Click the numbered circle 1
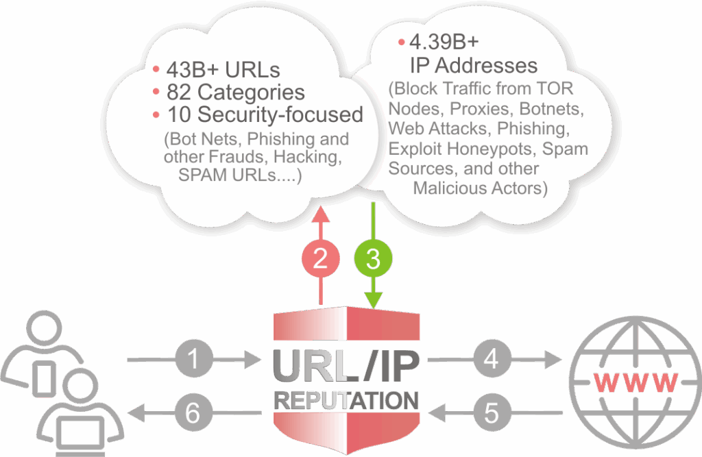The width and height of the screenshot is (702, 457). tap(193, 359)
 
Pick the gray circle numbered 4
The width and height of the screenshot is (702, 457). tap(492, 359)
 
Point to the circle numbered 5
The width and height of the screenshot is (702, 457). tap(492, 412)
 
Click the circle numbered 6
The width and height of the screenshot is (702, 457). tap(193, 412)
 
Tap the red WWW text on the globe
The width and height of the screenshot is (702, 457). tap(636, 383)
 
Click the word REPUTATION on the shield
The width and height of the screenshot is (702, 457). tap(346, 401)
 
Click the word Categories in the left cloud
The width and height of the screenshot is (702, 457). tap(251, 92)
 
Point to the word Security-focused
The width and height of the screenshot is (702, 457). tap(280, 114)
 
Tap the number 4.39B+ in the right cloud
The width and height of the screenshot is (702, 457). tap(444, 42)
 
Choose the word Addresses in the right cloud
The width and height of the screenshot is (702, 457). tap(486, 66)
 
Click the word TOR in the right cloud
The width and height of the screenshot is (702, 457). tap(557, 88)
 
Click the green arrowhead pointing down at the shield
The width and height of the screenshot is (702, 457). tap(374, 300)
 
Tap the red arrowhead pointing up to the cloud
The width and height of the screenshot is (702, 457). tap(321, 214)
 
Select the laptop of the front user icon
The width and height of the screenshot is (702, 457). tap(81, 436)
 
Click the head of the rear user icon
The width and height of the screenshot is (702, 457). tap(44, 328)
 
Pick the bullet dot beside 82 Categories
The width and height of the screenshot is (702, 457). tap(156, 92)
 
